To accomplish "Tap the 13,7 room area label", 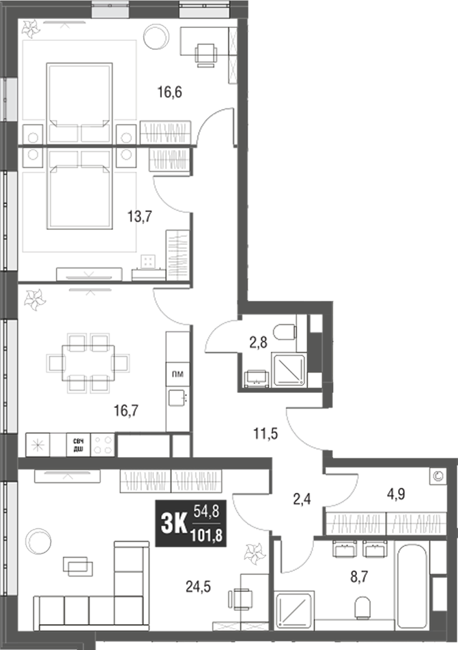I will pyautogui.click(x=139, y=216).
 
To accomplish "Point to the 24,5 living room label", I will pyautogui.click(x=199, y=584).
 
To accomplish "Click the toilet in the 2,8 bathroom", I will pyautogui.click(x=285, y=333).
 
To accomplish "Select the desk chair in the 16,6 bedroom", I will pyautogui.click(x=205, y=53).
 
